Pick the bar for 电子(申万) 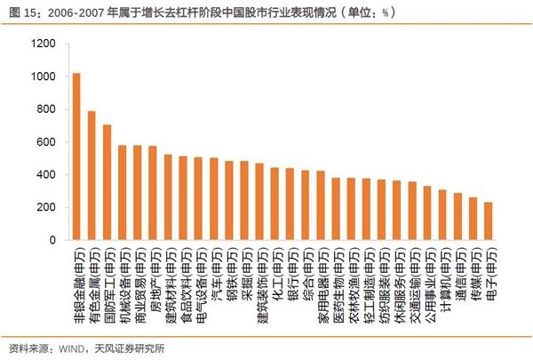click(x=489, y=221)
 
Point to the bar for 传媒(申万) click(x=473, y=219)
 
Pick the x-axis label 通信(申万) click(x=458, y=272)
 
